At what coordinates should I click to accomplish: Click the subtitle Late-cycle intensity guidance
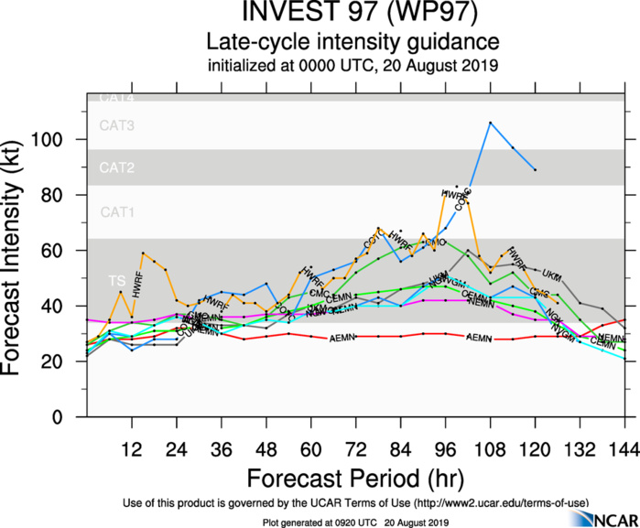coord(352,41)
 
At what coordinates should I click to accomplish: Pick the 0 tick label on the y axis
coord(71,417)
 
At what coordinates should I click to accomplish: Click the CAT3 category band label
coord(116,126)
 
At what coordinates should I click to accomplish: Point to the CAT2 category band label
coord(116,168)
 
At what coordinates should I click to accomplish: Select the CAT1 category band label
coord(116,212)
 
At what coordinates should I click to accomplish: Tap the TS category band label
coord(116,280)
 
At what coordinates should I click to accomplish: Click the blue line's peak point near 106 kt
coord(491,123)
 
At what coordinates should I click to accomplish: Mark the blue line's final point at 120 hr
coord(536,170)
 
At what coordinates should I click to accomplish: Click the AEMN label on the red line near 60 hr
coord(341,338)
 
